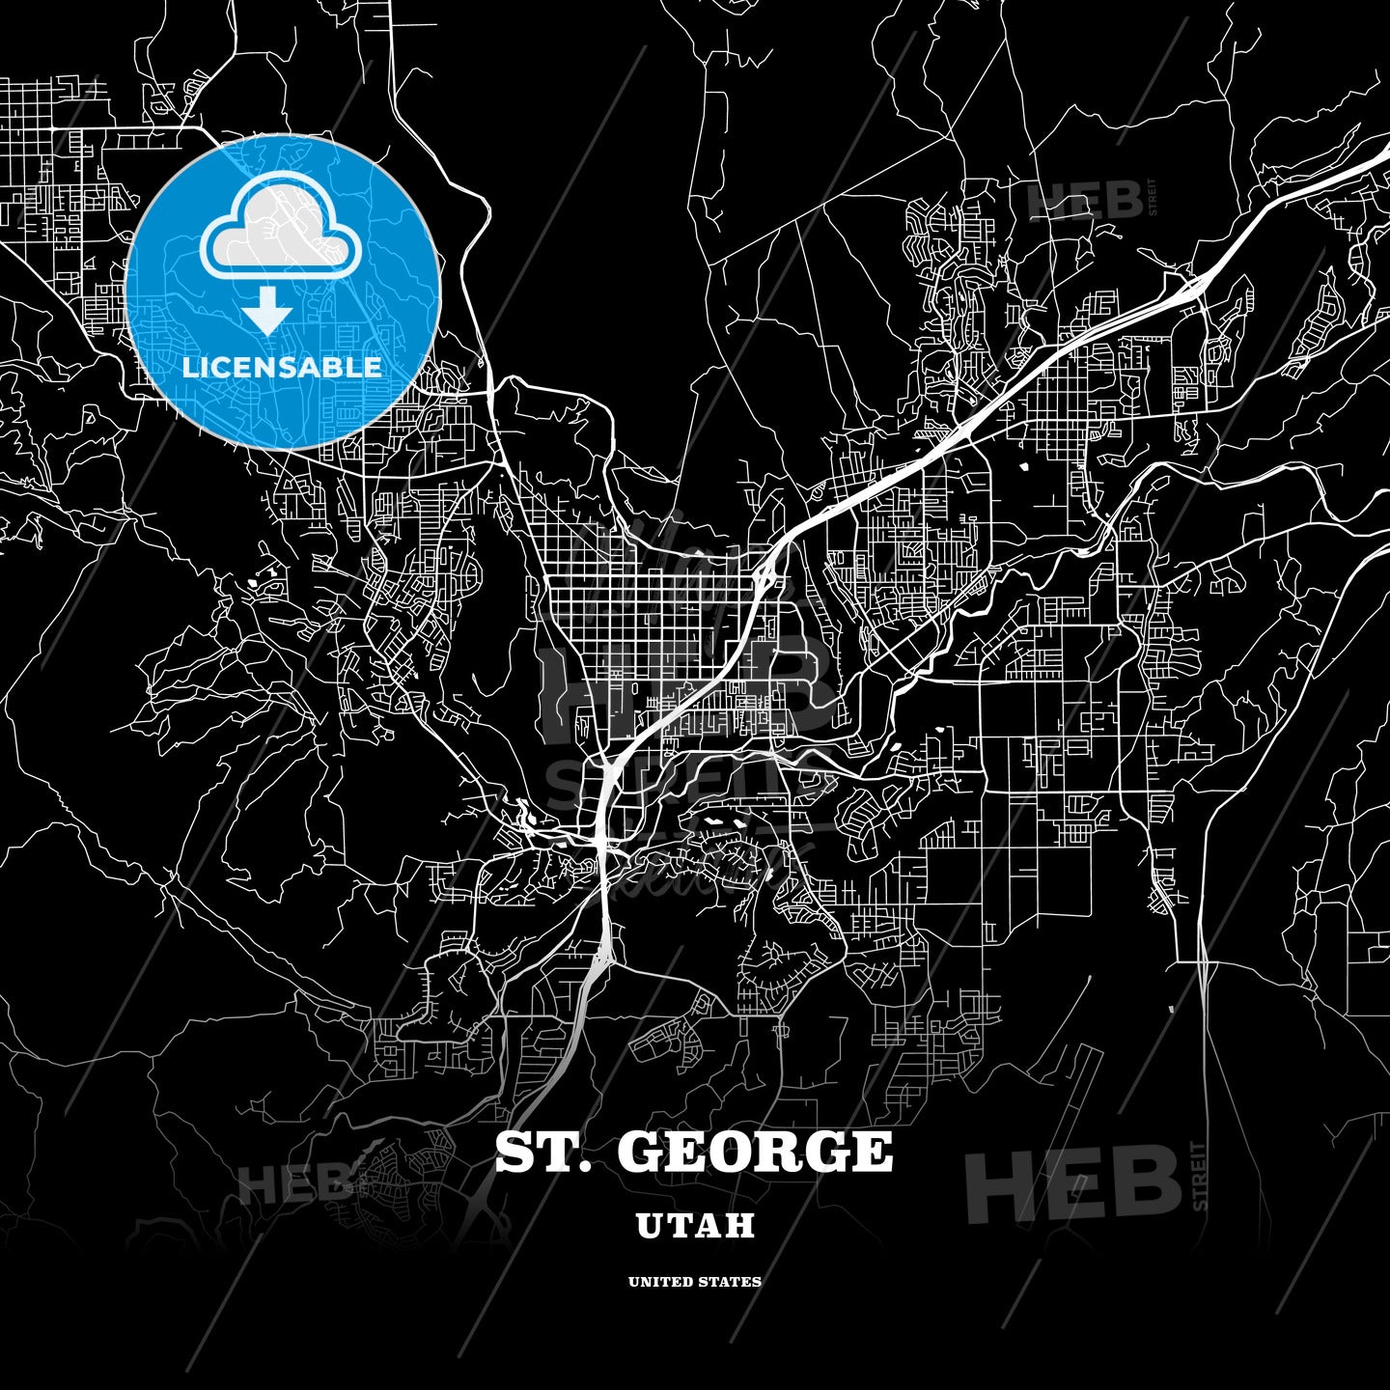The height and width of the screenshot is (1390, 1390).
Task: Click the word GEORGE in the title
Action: point(755,1152)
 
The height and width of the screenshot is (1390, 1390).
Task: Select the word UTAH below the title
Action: point(695,1226)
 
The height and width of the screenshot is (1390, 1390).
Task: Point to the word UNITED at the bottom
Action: point(659,1282)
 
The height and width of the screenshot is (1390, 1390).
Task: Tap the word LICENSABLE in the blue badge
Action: point(282,367)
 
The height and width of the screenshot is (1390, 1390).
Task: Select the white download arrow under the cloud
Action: point(267,311)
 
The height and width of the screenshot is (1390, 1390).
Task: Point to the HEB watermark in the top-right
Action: point(1083,201)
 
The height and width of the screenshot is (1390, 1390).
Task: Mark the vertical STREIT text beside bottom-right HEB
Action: point(1200,1176)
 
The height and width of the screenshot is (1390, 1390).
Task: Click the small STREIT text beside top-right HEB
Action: point(1152,198)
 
